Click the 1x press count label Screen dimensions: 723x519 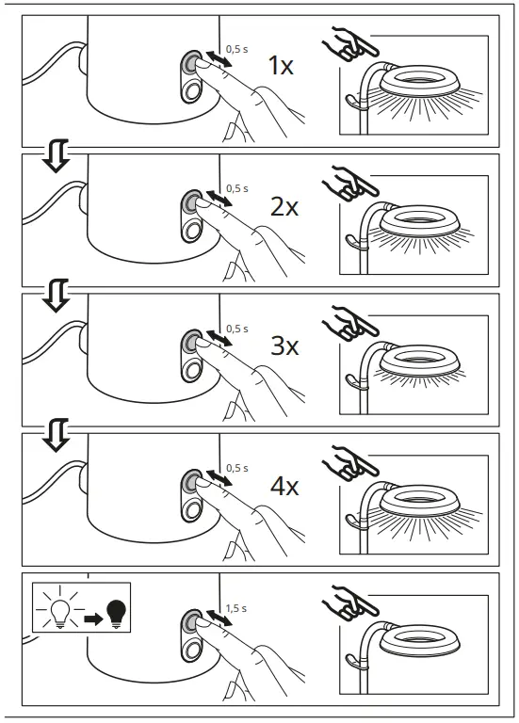[x=281, y=66]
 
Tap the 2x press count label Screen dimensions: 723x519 [x=284, y=207]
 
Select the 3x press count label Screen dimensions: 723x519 [x=284, y=346]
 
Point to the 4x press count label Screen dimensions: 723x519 [x=284, y=487]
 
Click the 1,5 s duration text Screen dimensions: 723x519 [x=237, y=609]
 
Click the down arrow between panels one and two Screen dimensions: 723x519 [x=57, y=156]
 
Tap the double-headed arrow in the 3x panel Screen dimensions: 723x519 [x=219, y=341]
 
